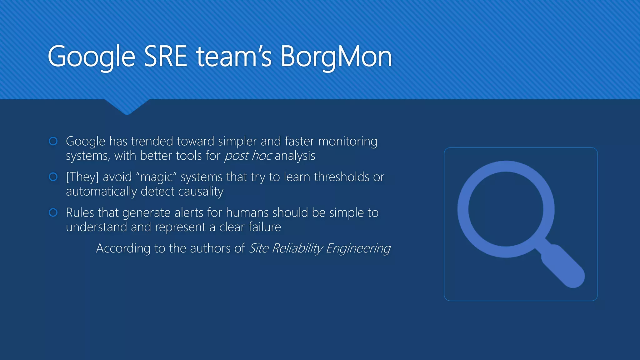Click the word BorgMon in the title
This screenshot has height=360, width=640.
click(336, 57)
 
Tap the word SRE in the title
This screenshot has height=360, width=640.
click(165, 57)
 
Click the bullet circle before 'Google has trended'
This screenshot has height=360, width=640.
click(53, 141)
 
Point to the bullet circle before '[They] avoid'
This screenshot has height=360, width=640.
click(53, 177)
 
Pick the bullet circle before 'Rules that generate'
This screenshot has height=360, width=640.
click(53, 212)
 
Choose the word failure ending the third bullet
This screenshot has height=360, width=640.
click(265, 227)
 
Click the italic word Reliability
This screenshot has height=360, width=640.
click(297, 248)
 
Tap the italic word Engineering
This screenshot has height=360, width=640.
click(358, 249)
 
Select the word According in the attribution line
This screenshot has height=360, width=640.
click(123, 249)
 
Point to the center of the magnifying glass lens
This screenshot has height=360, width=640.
click(506, 209)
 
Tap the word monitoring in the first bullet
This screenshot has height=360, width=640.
click(347, 142)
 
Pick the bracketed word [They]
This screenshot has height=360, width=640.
click(82, 177)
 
